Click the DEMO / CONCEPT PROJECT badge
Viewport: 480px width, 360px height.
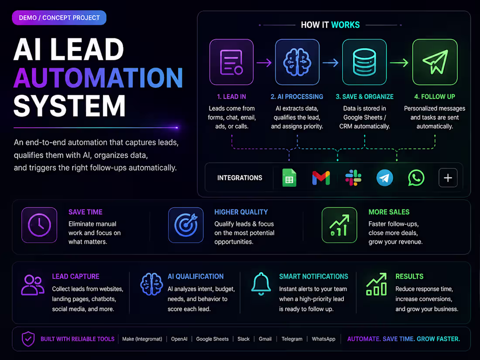coord(59,18)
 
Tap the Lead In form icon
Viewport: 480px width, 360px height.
coord(231,62)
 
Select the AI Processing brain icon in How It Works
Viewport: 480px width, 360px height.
coord(297,62)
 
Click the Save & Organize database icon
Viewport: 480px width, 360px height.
coord(364,62)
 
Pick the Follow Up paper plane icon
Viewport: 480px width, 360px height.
coord(435,62)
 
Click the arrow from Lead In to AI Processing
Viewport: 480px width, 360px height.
coord(264,63)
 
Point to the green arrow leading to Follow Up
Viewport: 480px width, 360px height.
coord(399,63)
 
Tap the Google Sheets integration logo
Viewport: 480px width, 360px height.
coord(289,178)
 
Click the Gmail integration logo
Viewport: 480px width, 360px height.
coord(321,178)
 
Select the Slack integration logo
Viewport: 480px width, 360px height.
coord(353,178)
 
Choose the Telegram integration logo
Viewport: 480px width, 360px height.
coord(384,178)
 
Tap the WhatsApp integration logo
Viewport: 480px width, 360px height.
coord(416,178)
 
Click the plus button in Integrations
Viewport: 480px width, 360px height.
coord(448,178)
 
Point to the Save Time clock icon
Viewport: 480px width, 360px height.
coord(39,225)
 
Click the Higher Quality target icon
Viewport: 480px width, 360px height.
coord(186,225)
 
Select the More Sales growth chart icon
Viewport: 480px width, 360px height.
coord(339,225)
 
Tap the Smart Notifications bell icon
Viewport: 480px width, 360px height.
coord(261,284)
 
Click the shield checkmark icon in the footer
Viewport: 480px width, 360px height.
coord(28,339)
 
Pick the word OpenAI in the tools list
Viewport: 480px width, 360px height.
coord(179,339)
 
